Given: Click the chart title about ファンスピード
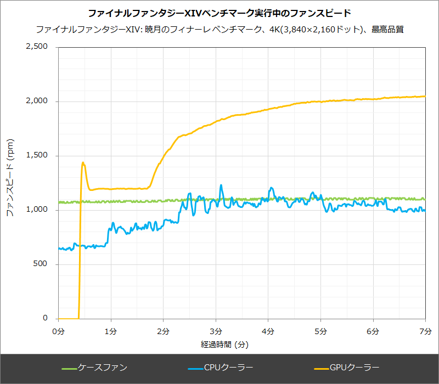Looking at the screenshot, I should pos(219,13).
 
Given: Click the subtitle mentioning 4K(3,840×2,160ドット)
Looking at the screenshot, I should pos(219,29).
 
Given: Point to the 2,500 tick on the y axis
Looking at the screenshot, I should pos(37,47).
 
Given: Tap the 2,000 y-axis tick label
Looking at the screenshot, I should pos(37,101).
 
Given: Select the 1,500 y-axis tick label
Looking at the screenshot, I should pos(37,156).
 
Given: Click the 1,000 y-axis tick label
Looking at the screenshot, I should pos(37,210).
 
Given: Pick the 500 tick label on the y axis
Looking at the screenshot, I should pos(42,264).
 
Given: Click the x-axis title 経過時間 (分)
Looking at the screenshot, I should pos(225,345).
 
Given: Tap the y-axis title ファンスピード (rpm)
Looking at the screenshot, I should pos(10,183).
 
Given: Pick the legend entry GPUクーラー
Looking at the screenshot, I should pos(352,368).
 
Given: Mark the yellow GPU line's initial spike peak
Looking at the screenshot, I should pos(83,162).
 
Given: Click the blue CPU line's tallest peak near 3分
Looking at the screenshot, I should pos(221,185).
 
